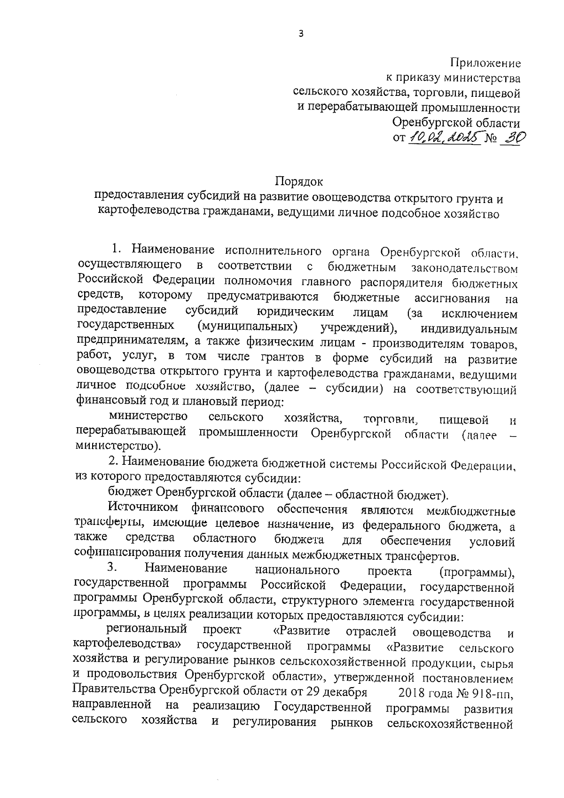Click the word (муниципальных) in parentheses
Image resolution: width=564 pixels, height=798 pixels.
[248, 326]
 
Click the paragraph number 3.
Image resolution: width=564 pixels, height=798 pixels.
[112, 569]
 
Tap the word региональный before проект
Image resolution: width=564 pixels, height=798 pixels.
[147, 630]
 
